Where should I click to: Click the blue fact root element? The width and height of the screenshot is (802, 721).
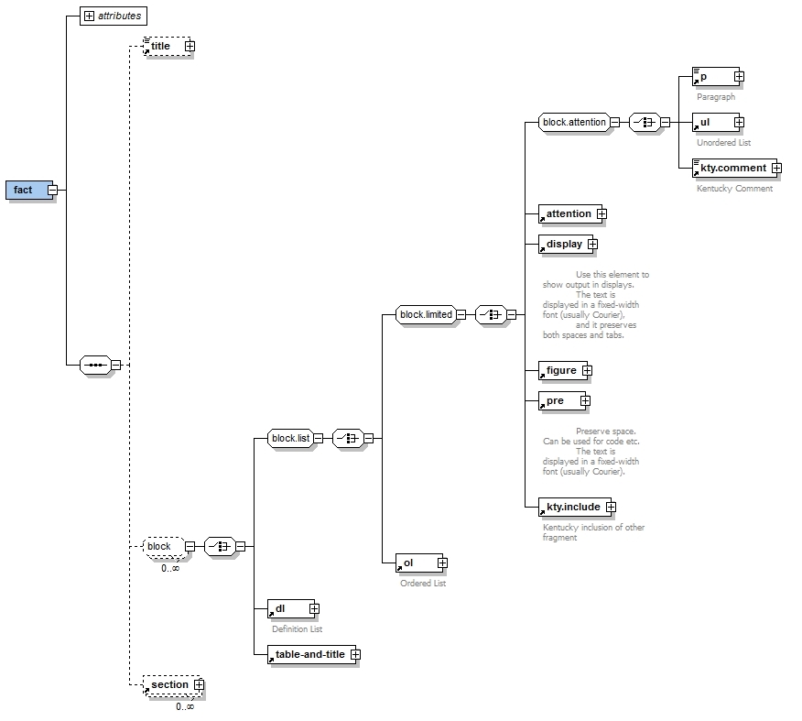[x=25, y=190]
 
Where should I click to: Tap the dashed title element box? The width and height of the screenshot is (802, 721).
[x=161, y=46]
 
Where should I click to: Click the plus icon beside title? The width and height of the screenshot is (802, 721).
[x=189, y=46]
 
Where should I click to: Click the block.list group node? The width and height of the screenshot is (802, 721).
[x=290, y=438]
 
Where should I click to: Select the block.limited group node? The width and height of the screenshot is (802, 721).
[x=426, y=314]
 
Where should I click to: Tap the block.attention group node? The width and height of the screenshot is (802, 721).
[x=574, y=122]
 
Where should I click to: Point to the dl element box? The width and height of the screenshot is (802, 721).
[x=287, y=607]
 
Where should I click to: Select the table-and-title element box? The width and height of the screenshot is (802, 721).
[x=310, y=654]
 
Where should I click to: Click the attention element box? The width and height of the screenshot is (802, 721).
[x=569, y=214]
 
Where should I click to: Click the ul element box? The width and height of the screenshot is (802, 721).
[x=712, y=122]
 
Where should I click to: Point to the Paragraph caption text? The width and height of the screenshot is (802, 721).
[x=715, y=96]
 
